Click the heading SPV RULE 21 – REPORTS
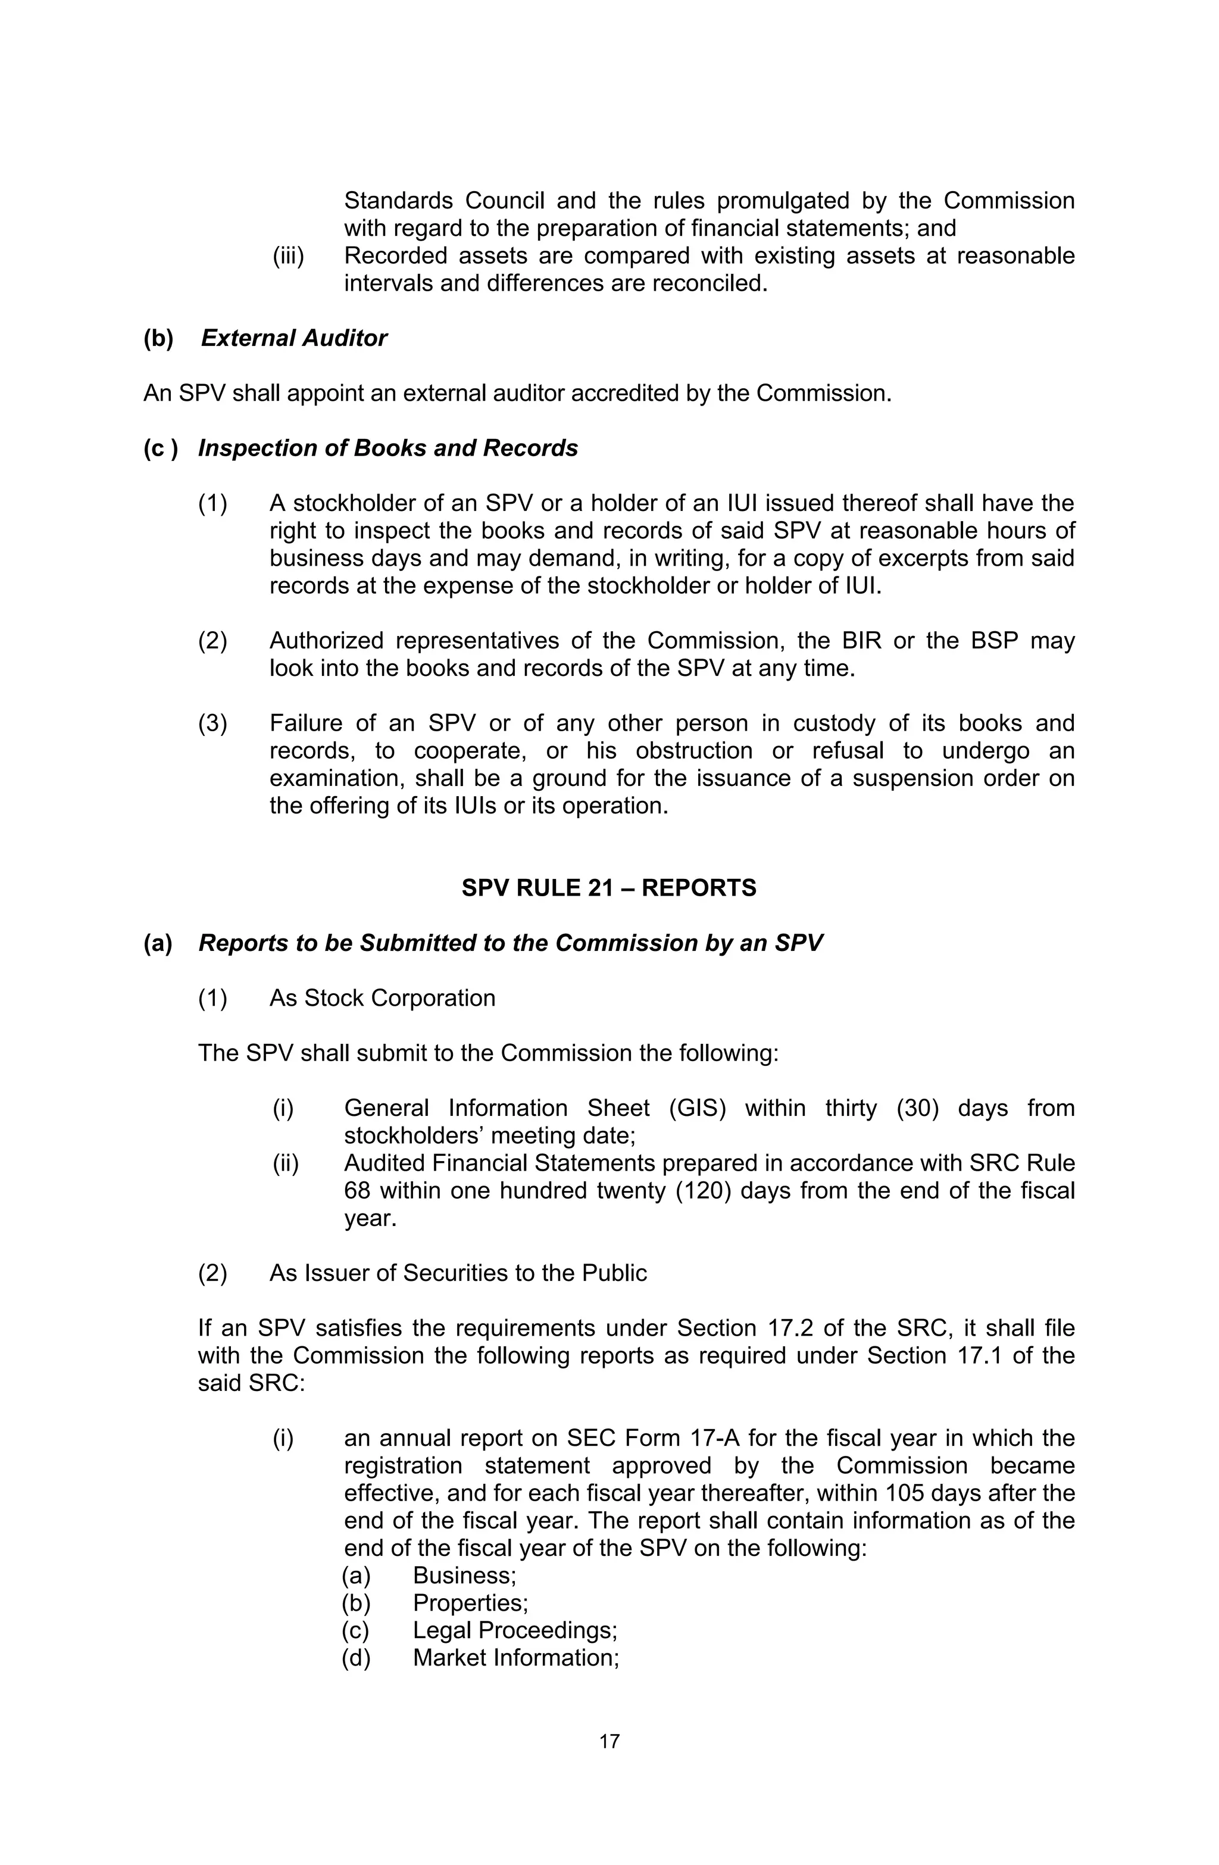tap(609, 888)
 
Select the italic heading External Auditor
tap(294, 338)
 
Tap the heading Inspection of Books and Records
tap(388, 448)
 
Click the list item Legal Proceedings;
tap(515, 1630)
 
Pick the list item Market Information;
tap(515, 1657)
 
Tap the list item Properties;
tap(470, 1602)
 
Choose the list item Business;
tap(464, 1575)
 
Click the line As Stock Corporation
tap(382, 997)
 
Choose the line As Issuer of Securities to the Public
tap(458, 1273)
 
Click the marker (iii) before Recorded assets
tap(287, 255)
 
